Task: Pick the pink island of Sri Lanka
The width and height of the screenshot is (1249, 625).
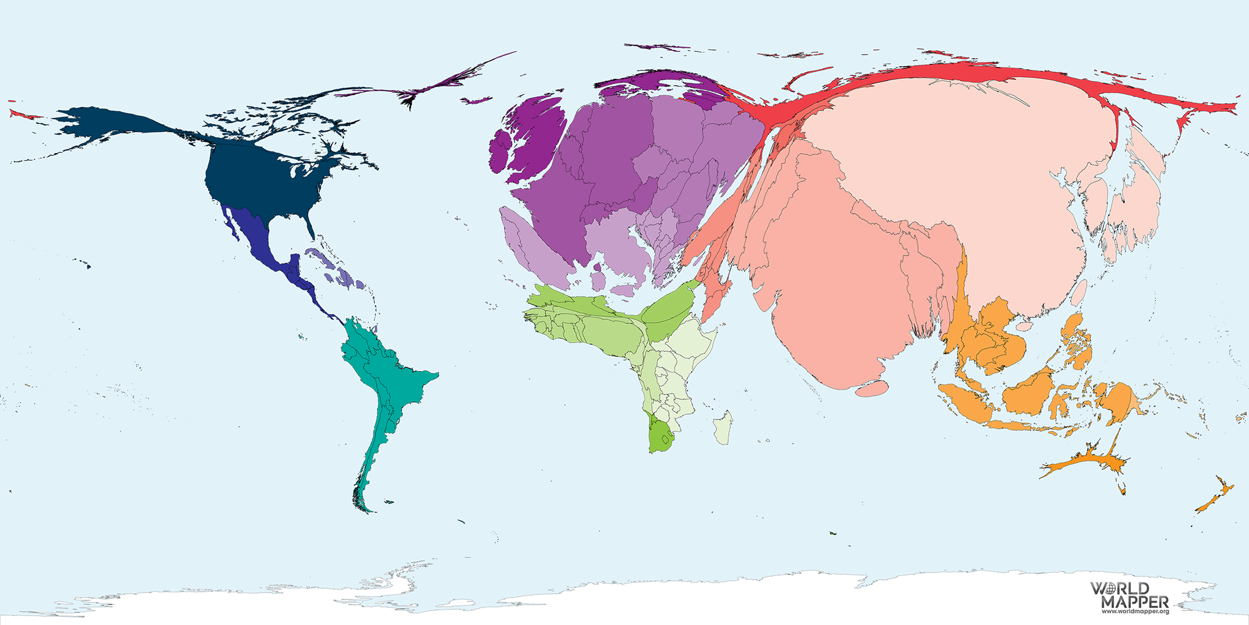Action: click(x=872, y=389)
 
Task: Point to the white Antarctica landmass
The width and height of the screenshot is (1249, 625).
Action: click(x=624, y=600)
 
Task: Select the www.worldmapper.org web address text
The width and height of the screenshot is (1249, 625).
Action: click(x=1135, y=611)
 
